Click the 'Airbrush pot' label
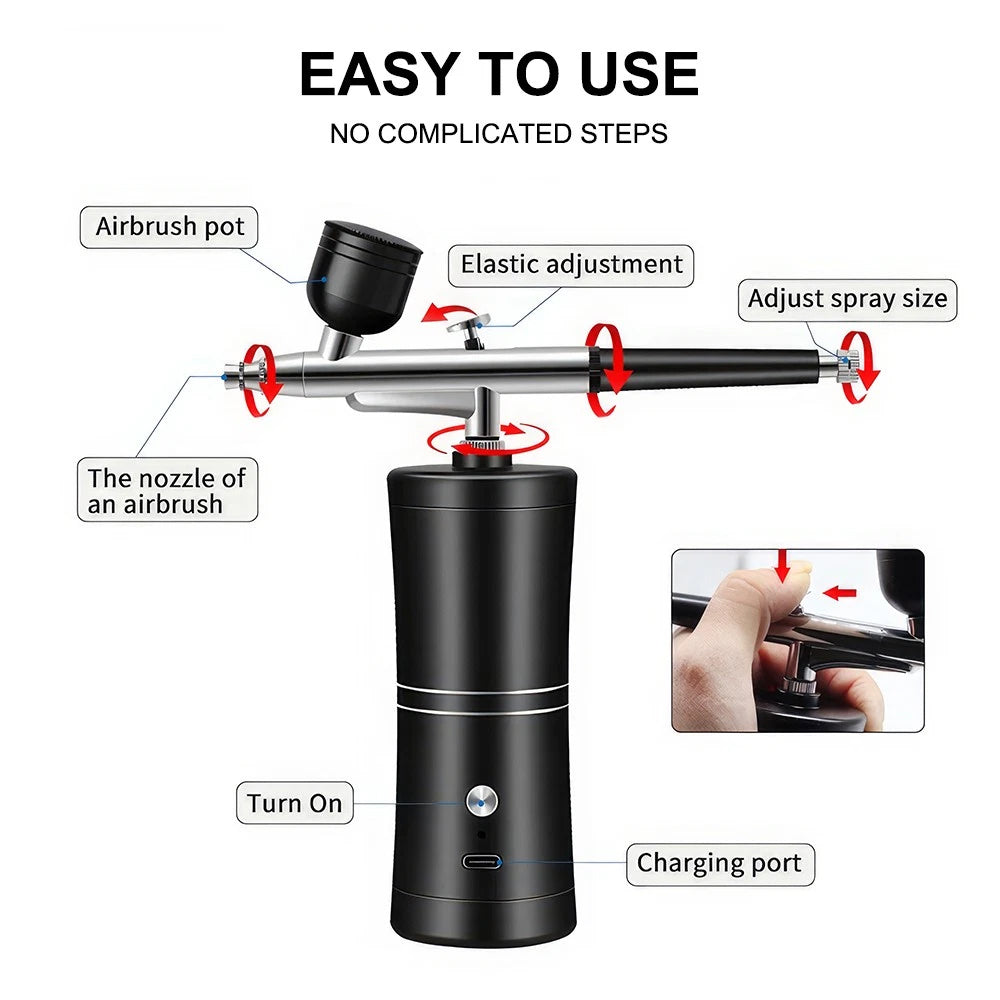pyautogui.click(x=169, y=227)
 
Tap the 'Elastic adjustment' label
pyautogui.click(x=571, y=265)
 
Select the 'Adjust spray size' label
pyautogui.click(x=848, y=300)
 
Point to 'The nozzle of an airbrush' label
pyautogui.click(x=168, y=490)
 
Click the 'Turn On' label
pyautogui.click(x=295, y=803)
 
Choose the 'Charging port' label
pyautogui.click(x=720, y=864)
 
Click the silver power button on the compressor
pyautogui.click(x=482, y=801)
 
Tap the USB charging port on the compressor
pyautogui.click(x=482, y=862)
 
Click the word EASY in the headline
pyautogui.click(x=380, y=74)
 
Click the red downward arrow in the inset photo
pyautogui.click(x=783, y=565)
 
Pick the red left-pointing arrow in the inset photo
pyautogui.click(x=839, y=593)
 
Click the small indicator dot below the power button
pyautogui.click(x=482, y=834)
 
